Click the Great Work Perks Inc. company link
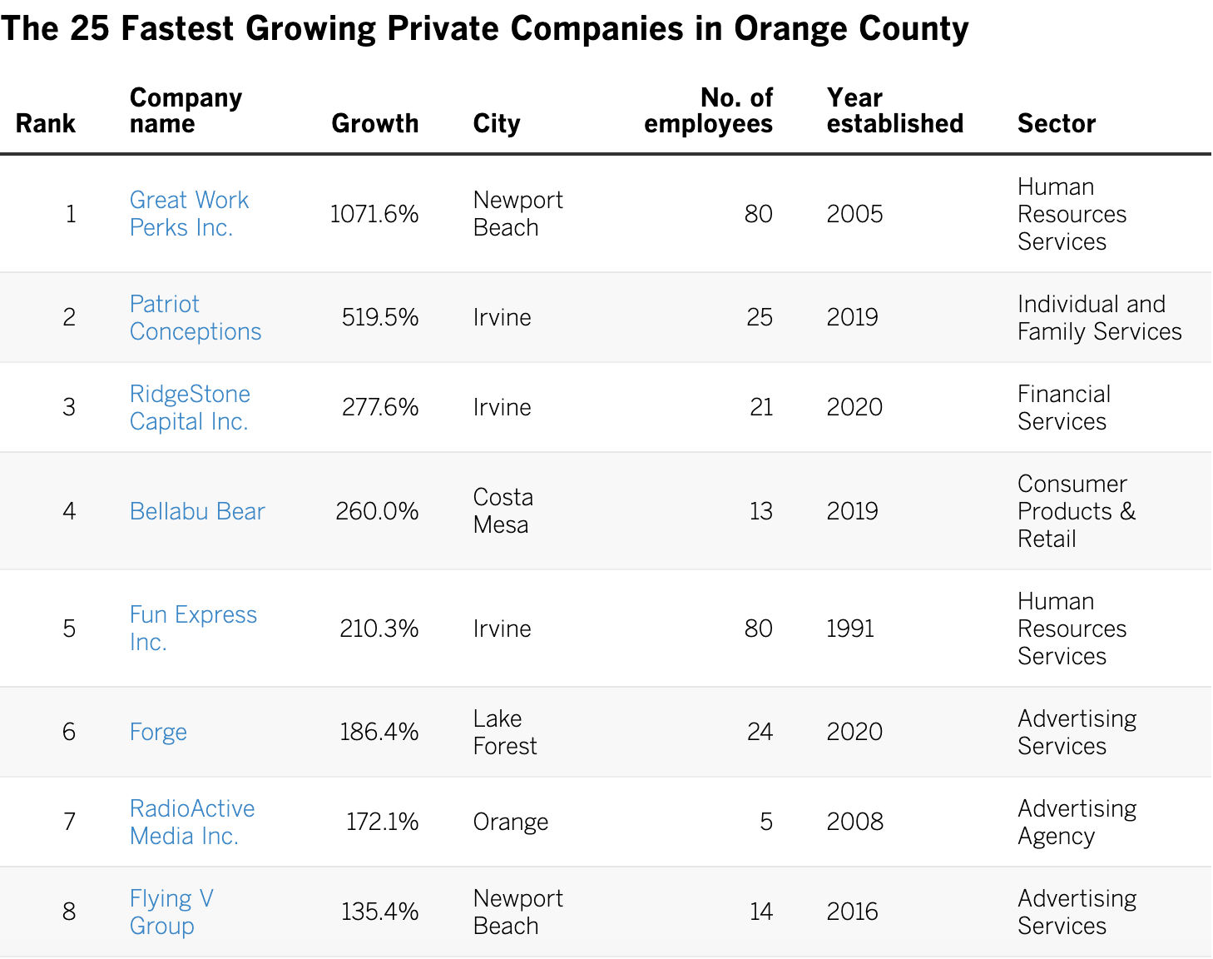tap(189, 214)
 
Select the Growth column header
tap(375, 123)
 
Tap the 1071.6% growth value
tap(374, 214)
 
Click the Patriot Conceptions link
tap(195, 318)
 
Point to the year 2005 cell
tap(854, 214)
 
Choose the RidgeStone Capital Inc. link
tap(190, 407)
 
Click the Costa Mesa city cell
tap(503, 511)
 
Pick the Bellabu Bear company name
tap(196, 511)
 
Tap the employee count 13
tap(761, 511)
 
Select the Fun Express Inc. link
tap(193, 628)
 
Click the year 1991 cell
tap(850, 629)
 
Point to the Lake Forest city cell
tap(505, 733)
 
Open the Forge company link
tap(158, 733)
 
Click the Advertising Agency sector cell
tap(1077, 822)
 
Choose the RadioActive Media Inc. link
tap(191, 822)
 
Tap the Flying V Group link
tap(171, 912)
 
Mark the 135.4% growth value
tap(379, 912)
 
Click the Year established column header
tap(895, 111)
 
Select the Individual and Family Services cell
tap(1099, 318)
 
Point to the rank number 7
tap(69, 822)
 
